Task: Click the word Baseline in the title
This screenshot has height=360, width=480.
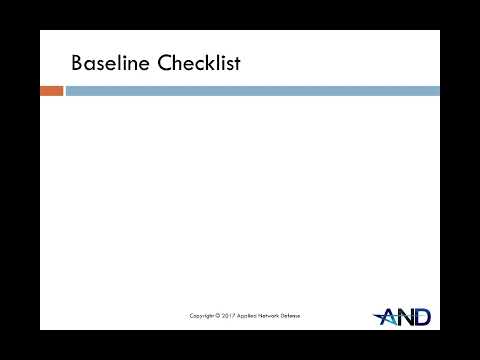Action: coord(106,63)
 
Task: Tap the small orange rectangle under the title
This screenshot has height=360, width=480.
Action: coord(51,91)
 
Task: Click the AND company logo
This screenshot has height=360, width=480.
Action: coord(402,316)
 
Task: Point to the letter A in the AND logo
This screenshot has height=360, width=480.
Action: coord(388,317)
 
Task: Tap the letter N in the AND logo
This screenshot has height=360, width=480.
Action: coord(405,317)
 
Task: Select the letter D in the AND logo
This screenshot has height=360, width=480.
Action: coord(422,317)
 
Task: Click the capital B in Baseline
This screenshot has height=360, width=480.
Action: coord(78,63)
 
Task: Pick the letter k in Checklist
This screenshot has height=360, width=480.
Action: coord(206,63)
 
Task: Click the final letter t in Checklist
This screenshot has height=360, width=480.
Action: coord(236,63)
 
